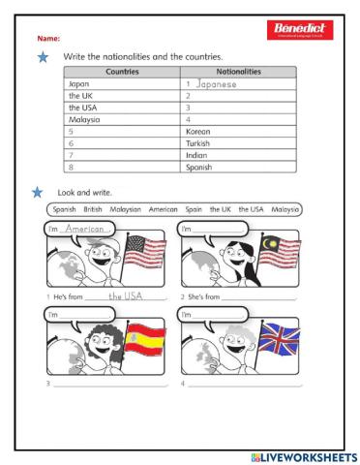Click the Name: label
pyautogui.click(x=48, y=38)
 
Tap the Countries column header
pyautogui.click(x=121, y=72)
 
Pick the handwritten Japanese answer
pyautogui.click(x=214, y=84)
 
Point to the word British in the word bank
pyautogui.click(x=93, y=209)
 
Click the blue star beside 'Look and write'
pyautogui.click(x=37, y=192)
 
